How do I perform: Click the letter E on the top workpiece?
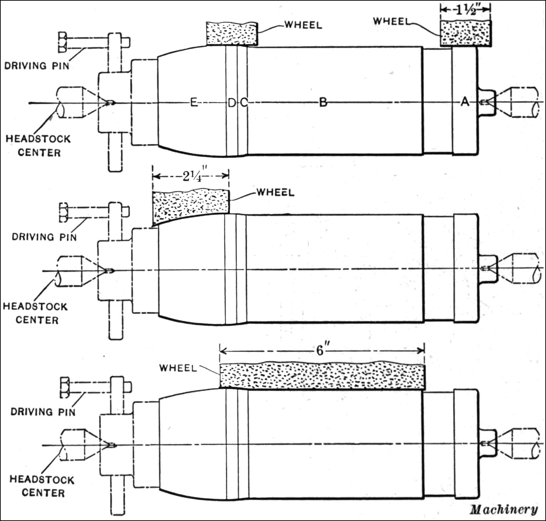[194, 102]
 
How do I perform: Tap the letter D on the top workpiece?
[232, 102]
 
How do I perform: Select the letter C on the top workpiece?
[243, 102]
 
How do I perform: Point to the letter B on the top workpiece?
[323, 102]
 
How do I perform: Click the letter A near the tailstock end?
[465, 101]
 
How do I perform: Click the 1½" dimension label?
[466, 9]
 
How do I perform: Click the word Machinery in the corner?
[504, 509]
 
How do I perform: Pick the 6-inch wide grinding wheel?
[322, 376]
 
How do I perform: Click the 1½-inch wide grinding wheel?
[466, 33]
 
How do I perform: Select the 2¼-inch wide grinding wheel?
[190, 206]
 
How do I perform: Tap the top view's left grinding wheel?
[232, 34]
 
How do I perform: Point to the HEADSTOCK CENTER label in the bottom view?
[42, 486]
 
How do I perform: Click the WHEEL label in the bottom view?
[178, 368]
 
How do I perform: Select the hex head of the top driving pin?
[63, 43]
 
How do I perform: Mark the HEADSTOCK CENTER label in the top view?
[38, 146]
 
